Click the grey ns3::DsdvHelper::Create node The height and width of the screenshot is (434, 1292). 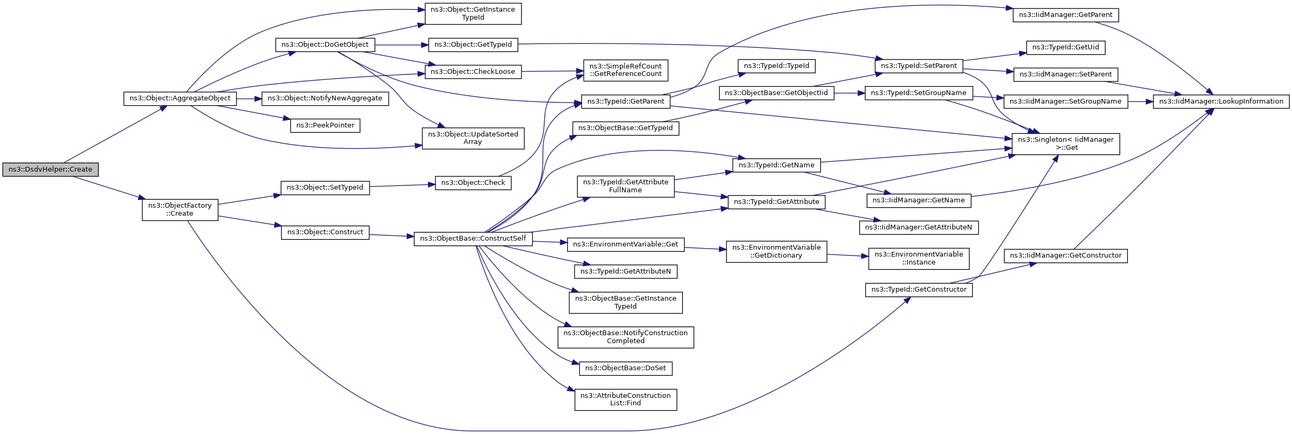(x=50, y=169)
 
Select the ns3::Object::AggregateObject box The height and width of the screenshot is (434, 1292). (x=180, y=98)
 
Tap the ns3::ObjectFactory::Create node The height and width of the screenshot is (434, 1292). (x=180, y=209)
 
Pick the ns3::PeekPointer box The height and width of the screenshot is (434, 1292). (x=325, y=125)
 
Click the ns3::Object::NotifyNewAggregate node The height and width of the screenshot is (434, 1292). (x=325, y=98)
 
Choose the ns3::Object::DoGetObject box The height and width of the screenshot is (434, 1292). (x=325, y=45)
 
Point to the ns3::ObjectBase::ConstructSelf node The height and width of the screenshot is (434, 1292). (x=473, y=239)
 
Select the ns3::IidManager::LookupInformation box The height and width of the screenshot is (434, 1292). (x=1221, y=101)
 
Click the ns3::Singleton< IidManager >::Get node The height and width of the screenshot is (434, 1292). (x=1066, y=143)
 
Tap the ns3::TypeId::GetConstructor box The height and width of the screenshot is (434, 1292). (x=919, y=290)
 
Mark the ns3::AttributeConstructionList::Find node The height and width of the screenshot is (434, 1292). (x=626, y=399)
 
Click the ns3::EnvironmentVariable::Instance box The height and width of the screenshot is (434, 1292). (x=919, y=258)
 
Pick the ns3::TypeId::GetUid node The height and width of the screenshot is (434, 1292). (x=1066, y=47)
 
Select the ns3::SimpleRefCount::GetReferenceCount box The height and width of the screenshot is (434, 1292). (x=626, y=70)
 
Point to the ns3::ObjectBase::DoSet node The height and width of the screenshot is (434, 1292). (x=626, y=368)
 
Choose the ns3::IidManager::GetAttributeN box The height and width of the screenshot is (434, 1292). (x=919, y=227)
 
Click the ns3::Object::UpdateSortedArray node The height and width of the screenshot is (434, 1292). (x=473, y=138)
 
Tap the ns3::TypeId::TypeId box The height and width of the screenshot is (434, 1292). (x=776, y=66)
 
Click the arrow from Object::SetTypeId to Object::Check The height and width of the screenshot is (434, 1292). (x=402, y=185)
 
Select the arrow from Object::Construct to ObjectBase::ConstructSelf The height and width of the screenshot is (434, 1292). (x=391, y=235)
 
